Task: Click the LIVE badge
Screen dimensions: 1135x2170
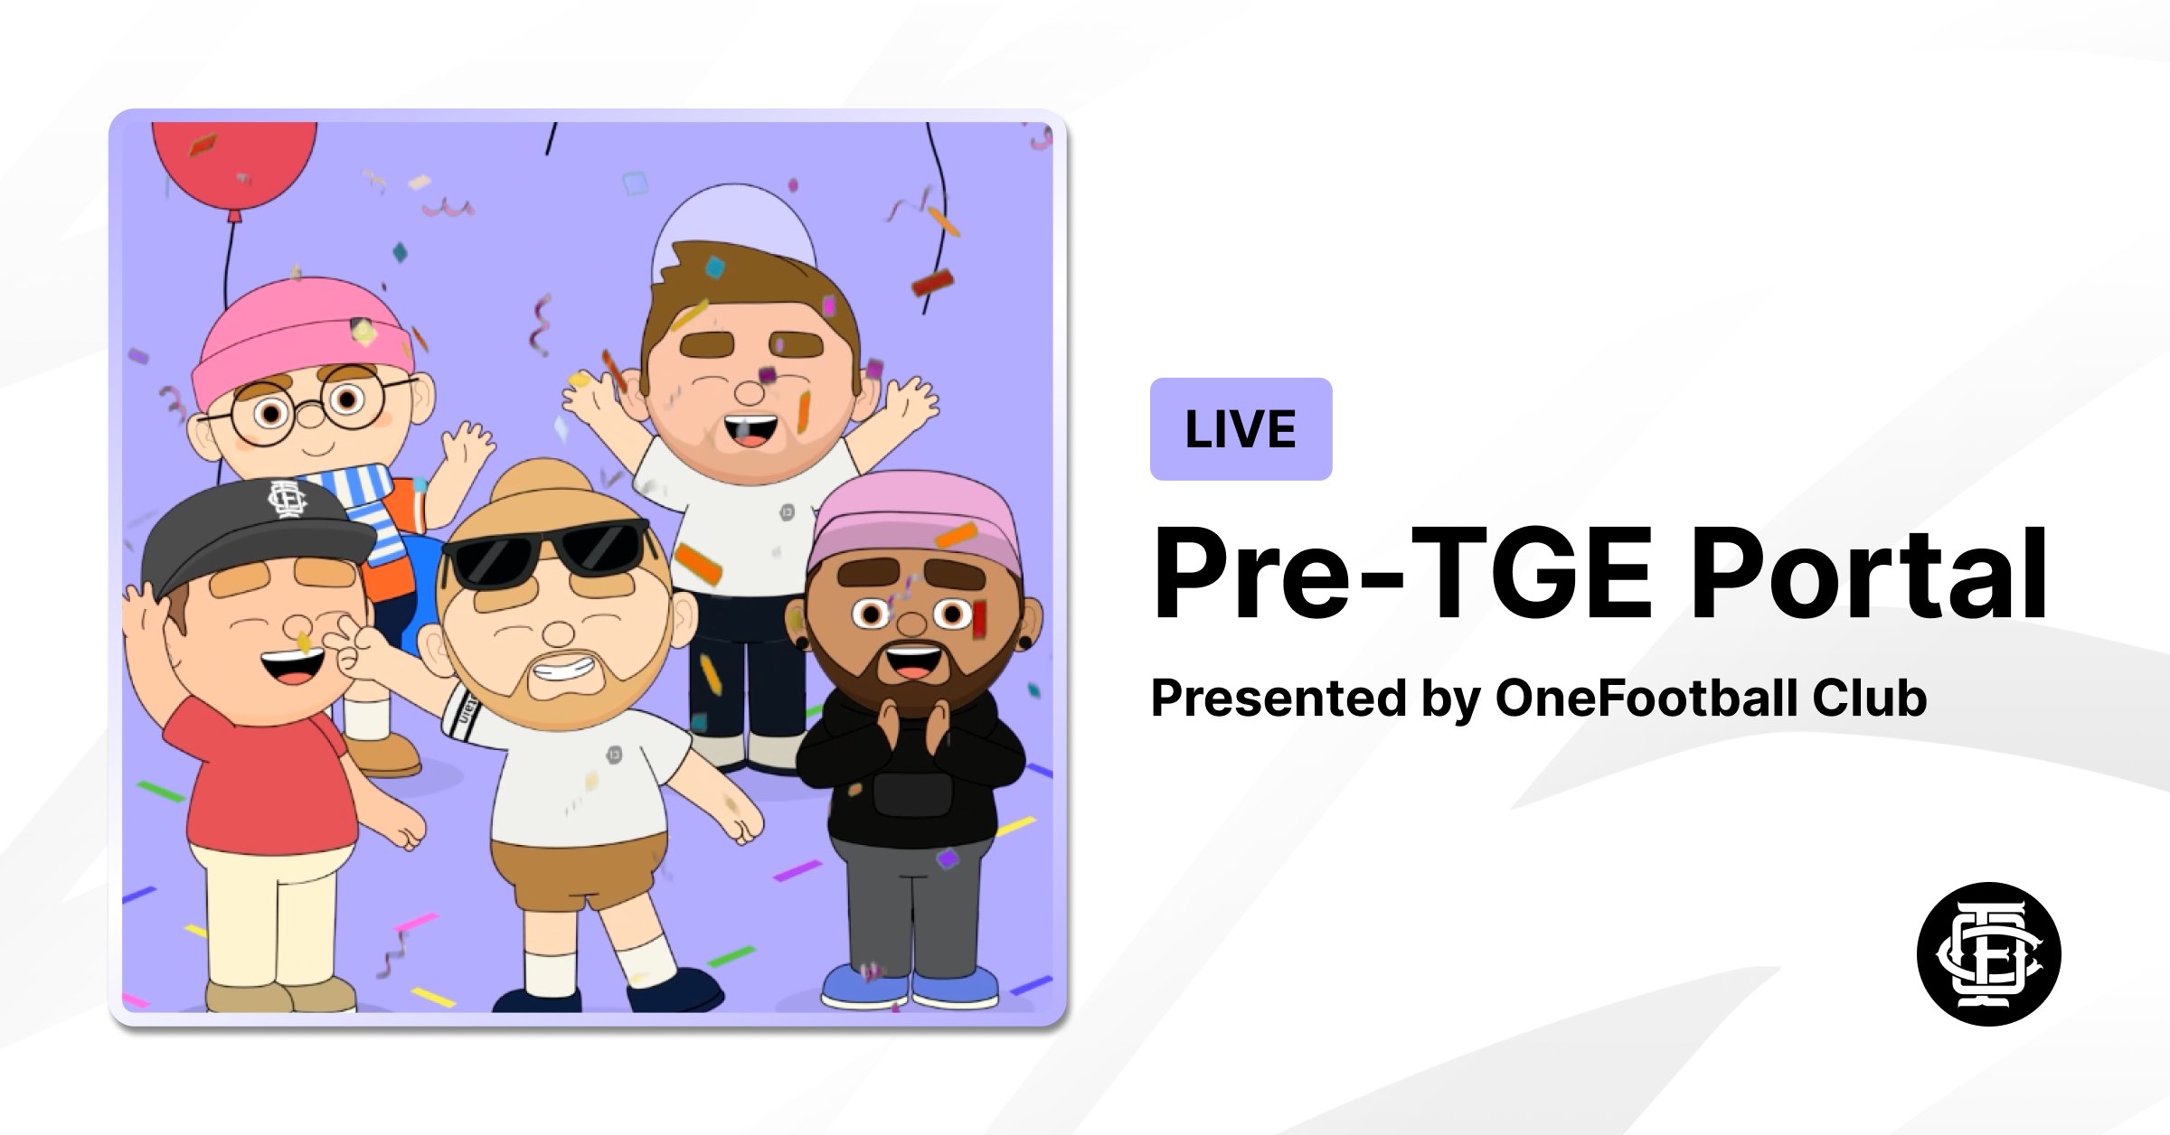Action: pyautogui.click(x=1241, y=429)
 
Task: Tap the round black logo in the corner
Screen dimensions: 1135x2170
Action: pyautogui.click(x=1988, y=953)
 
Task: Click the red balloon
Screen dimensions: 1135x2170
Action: pyautogui.click(x=233, y=163)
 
